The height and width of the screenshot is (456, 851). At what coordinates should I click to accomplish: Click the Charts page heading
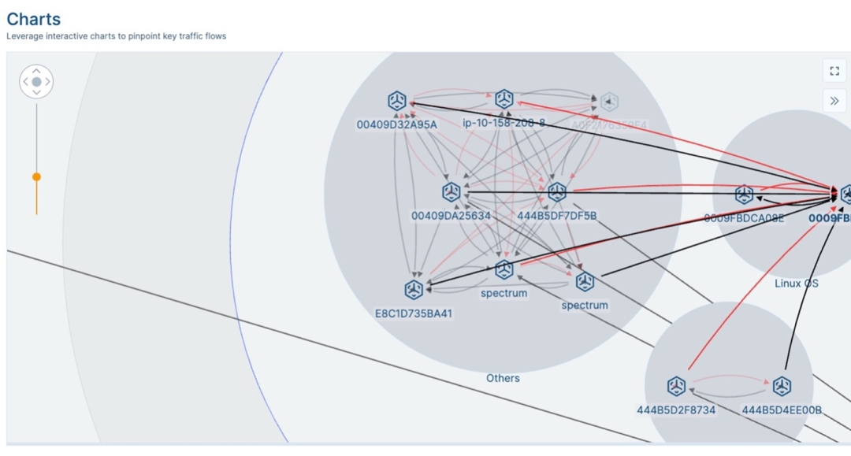[x=33, y=19]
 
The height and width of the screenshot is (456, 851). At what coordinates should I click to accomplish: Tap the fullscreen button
[x=834, y=71]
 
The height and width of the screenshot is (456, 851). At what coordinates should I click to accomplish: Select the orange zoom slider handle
[x=36, y=177]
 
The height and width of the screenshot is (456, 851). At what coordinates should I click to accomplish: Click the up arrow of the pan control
[x=36, y=71]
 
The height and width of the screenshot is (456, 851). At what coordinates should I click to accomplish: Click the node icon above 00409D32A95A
[x=397, y=101]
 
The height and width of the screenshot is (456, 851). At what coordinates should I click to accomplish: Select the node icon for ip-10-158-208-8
[x=504, y=99]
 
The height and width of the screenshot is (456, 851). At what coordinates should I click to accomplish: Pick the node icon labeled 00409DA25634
[x=451, y=192]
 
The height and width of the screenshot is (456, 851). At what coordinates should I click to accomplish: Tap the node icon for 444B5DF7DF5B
[x=557, y=192]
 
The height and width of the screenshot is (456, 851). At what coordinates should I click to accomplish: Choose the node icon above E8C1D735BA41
[x=414, y=290]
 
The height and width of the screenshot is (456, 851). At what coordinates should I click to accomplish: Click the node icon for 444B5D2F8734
[x=676, y=386]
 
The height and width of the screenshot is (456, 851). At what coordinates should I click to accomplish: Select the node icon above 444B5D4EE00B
[x=782, y=386]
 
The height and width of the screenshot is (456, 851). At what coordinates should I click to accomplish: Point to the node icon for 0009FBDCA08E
[x=744, y=195]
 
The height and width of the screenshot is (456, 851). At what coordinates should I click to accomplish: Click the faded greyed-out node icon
[x=609, y=102]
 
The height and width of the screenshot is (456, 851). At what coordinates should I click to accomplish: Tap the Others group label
[x=503, y=378]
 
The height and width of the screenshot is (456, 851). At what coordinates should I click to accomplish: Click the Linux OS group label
[x=796, y=284]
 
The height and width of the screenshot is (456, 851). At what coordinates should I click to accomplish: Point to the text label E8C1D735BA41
[x=414, y=313]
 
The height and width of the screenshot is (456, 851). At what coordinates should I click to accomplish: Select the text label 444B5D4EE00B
[x=782, y=410]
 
